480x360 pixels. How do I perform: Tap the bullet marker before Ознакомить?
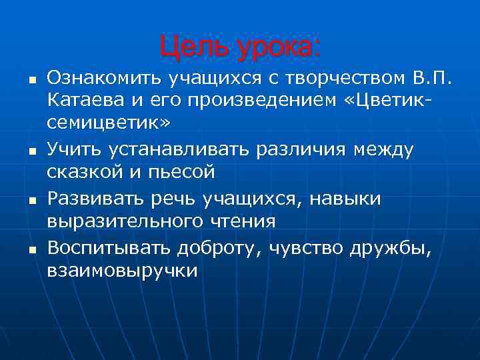[31, 81]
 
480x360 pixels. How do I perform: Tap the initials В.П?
[433, 79]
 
